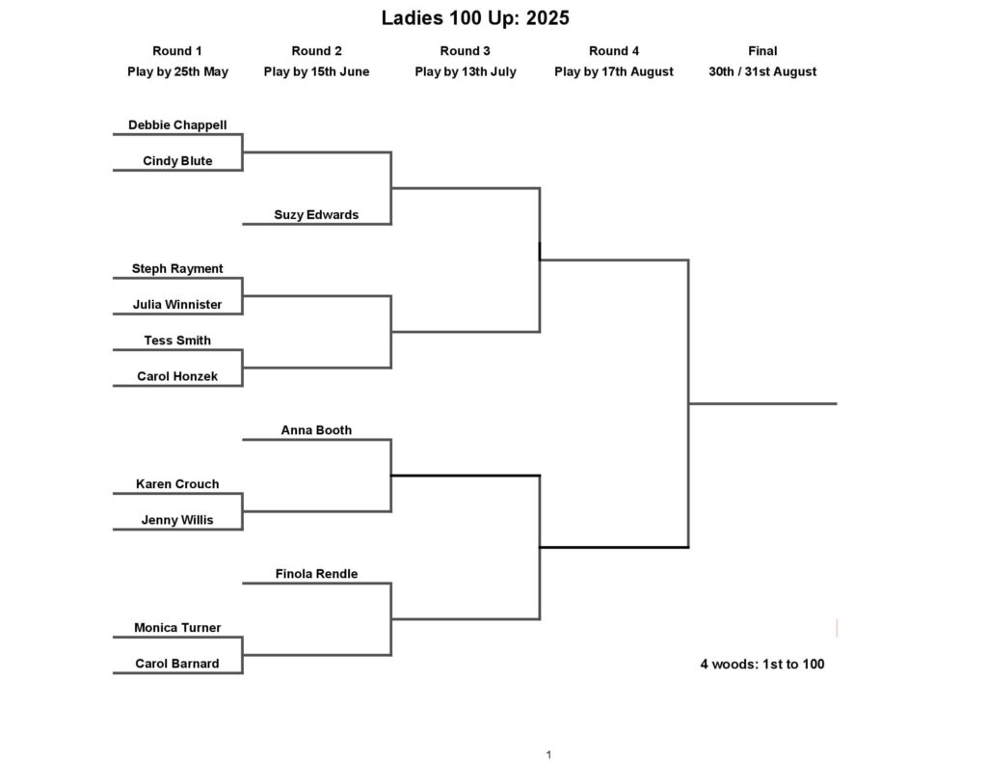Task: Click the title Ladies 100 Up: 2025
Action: (x=475, y=17)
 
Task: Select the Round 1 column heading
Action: (x=177, y=51)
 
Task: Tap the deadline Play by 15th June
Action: (x=316, y=71)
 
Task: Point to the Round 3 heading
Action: (x=466, y=51)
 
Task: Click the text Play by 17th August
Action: (x=614, y=71)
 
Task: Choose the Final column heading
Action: (x=762, y=51)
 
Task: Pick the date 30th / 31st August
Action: (x=762, y=71)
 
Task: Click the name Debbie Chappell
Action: (x=177, y=124)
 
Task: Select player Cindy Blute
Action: (x=177, y=161)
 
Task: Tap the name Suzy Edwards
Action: (x=316, y=215)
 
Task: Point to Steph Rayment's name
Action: (x=177, y=268)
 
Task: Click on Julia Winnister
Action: (x=177, y=304)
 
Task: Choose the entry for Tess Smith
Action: (x=177, y=341)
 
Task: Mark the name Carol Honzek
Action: (x=177, y=376)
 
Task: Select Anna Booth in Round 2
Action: (x=316, y=430)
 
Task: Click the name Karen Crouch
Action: (x=177, y=484)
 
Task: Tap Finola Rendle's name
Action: (x=316, y=574)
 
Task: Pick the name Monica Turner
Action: (x=177, y=628)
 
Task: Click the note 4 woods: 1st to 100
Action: (x=762, y=664)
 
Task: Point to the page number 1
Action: (x=548, y=755)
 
